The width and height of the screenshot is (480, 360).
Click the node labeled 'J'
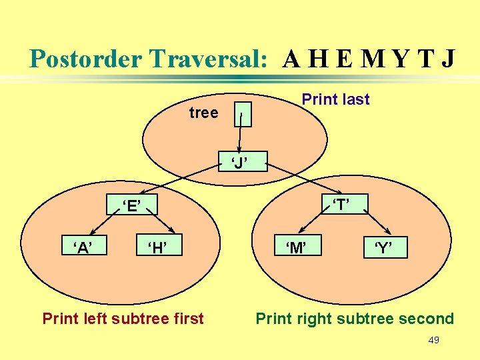tap(240, 162)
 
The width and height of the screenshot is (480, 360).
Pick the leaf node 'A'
tap(83, 248)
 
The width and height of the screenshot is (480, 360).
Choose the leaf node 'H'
tap(157, 248)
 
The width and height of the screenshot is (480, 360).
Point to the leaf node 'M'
tap(296, 248)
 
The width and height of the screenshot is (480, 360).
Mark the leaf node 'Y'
tap(383, 249)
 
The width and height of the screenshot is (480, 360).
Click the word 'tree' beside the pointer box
tap(203, 113)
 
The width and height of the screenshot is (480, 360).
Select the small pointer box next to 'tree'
tap(243, 115)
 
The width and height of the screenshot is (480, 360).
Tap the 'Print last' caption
tap(335, 99)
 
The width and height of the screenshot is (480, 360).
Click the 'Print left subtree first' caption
tap(123, 319)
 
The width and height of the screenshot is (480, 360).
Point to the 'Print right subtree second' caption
tap(355, 319)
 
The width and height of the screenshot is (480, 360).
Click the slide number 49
tap(433, 341)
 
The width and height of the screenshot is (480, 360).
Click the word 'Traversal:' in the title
tap(209, 59)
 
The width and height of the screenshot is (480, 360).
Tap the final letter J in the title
tap(447, 59)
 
